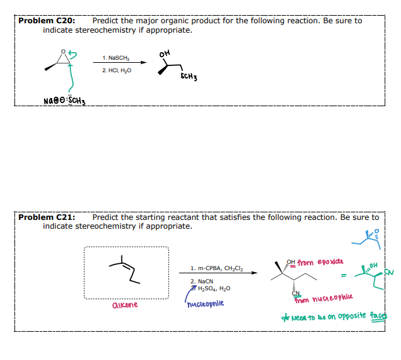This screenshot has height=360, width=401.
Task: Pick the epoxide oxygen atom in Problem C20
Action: (62, 52)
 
